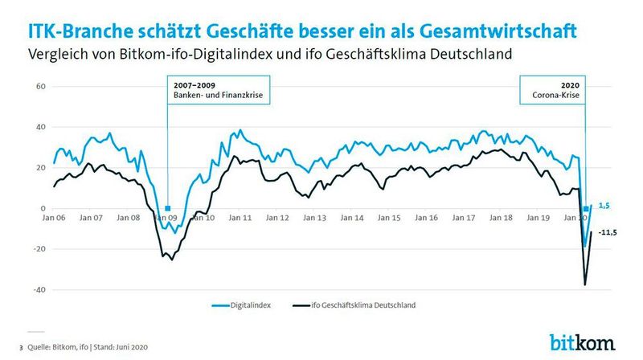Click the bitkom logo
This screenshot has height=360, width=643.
pos(582,341)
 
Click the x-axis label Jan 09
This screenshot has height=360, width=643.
pos(166,218)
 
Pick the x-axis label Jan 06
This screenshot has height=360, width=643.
pos(55,218)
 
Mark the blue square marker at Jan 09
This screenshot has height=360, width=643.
pos(167,208)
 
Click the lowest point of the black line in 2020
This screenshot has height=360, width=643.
pos(585,284)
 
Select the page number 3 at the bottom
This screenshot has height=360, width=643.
pos(21,347)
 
